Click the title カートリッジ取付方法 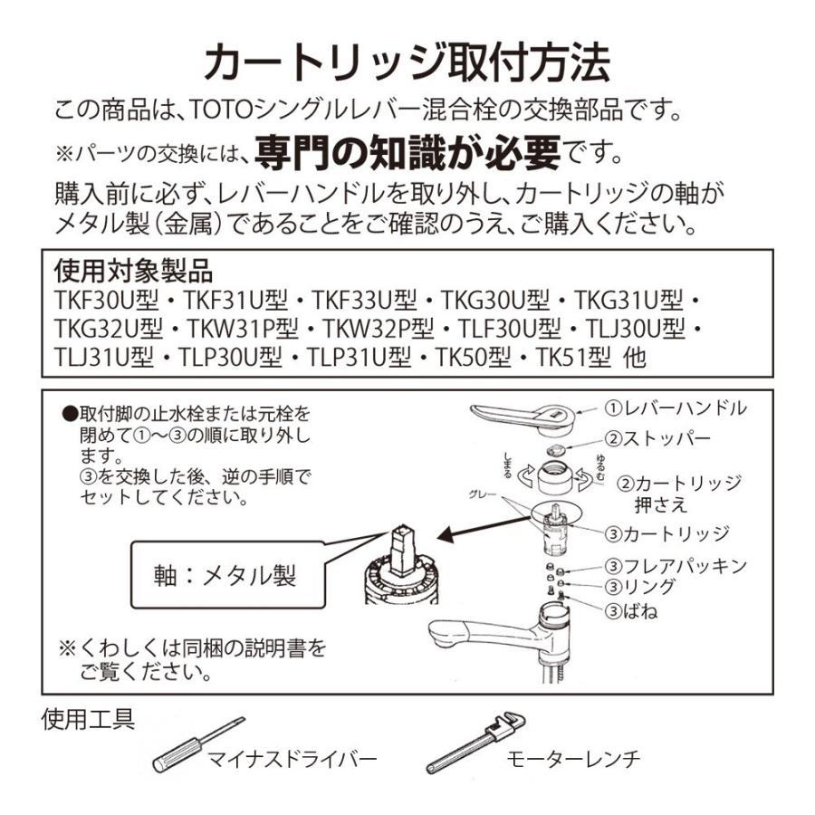407,64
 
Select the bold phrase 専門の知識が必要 407,152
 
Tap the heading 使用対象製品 133,271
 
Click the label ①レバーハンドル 676,408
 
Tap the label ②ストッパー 658,439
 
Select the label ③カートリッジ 667,533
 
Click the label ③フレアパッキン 676,566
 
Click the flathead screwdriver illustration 197,744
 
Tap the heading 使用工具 89,721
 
